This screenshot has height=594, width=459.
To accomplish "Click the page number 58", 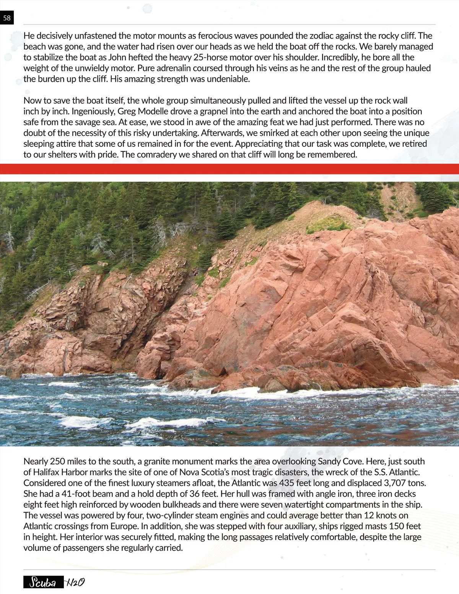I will pos(7,18).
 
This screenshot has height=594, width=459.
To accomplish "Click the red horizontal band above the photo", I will pos(229,169).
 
